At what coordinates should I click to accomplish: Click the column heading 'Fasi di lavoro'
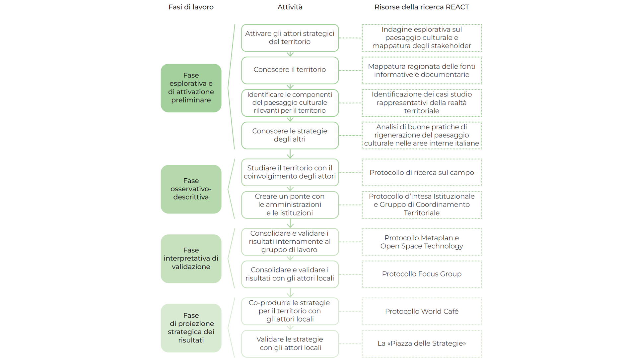tap(191, 7)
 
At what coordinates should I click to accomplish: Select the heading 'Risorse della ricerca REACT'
tap(421, 7)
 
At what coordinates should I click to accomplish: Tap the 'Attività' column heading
tap(290, 7)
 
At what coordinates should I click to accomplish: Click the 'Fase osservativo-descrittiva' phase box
tap(191, 189)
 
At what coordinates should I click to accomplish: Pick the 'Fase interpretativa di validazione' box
tap(191, 259)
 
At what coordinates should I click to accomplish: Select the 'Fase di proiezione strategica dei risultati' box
tap(191, 328)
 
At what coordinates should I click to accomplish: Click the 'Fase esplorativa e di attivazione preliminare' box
tap(191, 88)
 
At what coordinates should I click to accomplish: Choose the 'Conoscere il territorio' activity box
tap(290, 70)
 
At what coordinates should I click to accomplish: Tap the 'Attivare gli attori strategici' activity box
tap(290, 38)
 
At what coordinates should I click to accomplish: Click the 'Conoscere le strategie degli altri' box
tap(290, 135)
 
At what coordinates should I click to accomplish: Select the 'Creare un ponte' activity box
tap(290, 205)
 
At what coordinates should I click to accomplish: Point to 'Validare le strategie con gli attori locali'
tap(290, 343)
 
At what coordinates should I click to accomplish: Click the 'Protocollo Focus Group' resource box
tap(421, 274)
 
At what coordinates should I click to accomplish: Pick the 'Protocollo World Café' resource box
tap(421, 311)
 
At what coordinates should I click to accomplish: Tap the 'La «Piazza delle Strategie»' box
tap(421, 343)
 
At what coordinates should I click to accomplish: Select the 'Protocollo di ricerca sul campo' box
tap(421, 172)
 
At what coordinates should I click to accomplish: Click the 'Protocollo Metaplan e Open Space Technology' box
tap(421, 242)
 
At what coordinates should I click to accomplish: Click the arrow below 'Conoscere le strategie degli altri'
tap(290, 154)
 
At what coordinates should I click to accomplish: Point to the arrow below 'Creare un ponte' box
tap(290, 223)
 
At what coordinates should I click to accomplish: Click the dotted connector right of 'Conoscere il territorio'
tap(350, 70)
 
